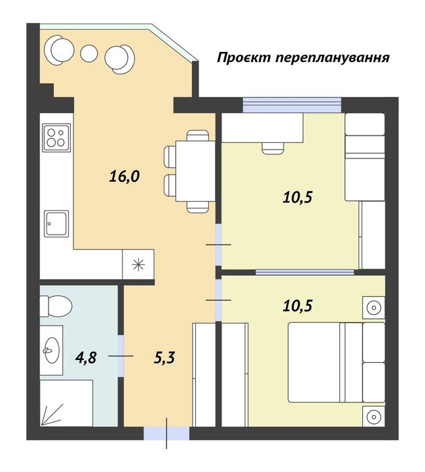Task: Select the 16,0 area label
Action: pyautogui.click(x=124, y=177)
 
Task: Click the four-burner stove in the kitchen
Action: pyautogui.click(x=55, y=138)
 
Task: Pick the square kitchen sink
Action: pyautogui.click(x=56, y=223)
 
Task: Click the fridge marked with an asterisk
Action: pyautogui.click(x=139, y=263)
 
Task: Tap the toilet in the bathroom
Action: pyautogui.click(x=56, y=305)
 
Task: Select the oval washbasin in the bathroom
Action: pyautogui.click(x=51, y=349)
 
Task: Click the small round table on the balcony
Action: pyautogui.click(x=88, y=53)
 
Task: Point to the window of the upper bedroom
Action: pyautogui.click(x=292, y=105)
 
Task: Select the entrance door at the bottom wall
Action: pyautogui.click(x=167, y=433)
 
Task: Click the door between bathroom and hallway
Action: pyautogui.click(x=121, y=355)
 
